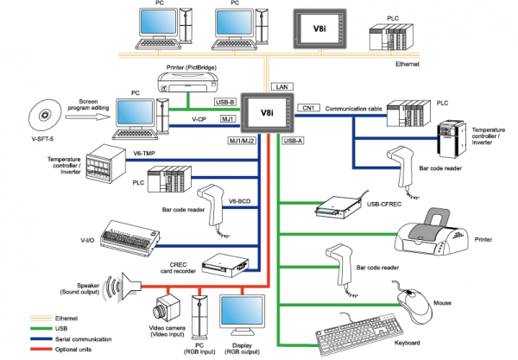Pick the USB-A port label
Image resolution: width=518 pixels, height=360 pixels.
tap(294, 139)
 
